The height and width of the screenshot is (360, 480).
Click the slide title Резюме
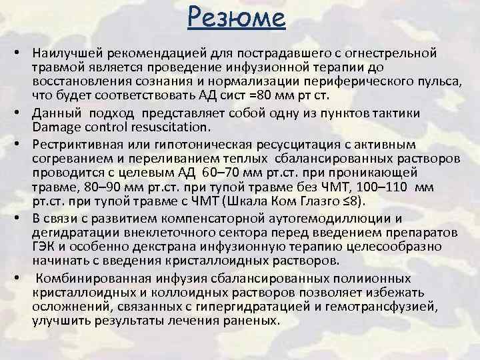point(237,19)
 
